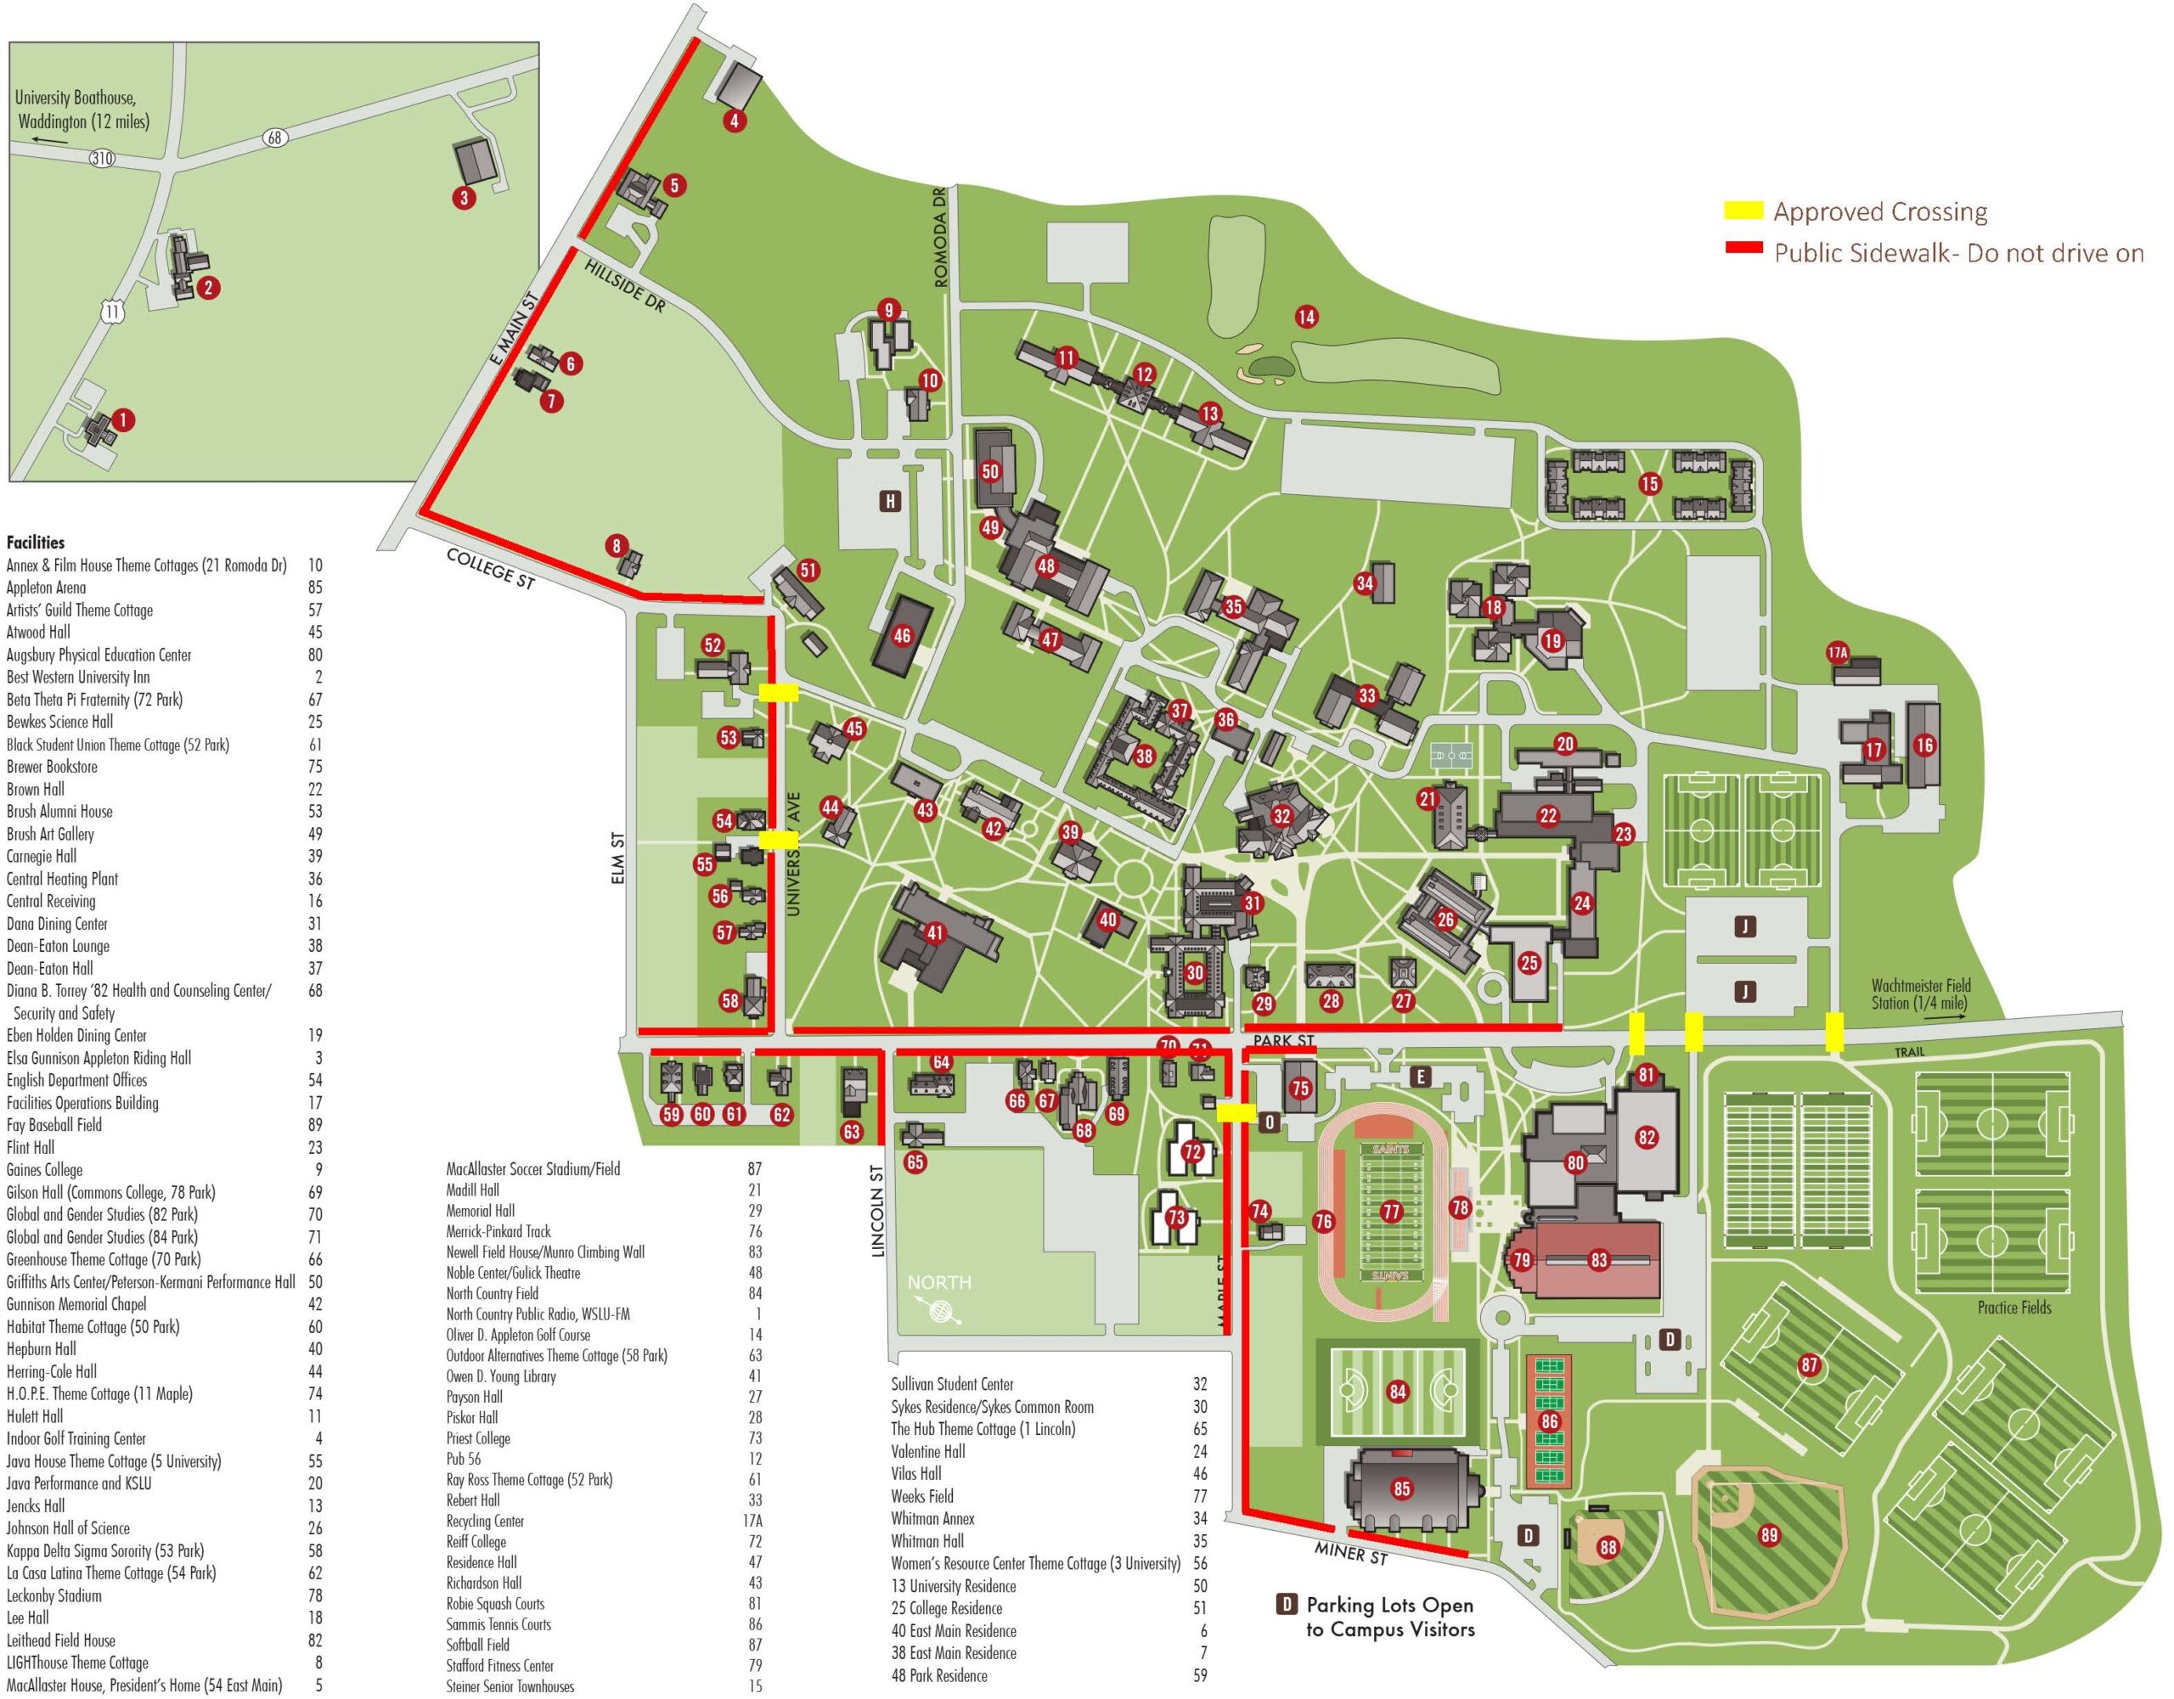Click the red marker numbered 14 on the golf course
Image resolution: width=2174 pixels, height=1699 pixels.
[1306, 318]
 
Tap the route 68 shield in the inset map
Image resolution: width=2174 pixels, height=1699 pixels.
[275, 138]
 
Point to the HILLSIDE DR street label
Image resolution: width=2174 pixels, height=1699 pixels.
[624, 287]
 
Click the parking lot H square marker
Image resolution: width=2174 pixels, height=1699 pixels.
[890, 501]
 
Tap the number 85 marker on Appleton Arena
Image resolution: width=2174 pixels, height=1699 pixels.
[1401, 1490]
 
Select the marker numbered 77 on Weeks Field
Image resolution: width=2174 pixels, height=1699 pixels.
[1391, 1212]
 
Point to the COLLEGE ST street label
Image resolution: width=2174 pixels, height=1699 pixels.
[491, 568]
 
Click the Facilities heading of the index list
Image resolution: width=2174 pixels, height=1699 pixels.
[35, 543]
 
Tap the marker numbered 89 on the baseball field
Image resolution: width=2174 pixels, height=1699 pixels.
[1769, 1536]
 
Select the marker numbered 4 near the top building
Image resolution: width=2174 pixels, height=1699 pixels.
[734, 121]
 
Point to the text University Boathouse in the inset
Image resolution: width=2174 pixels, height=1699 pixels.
[76, 98]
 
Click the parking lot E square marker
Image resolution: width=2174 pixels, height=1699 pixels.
[1421, 1077]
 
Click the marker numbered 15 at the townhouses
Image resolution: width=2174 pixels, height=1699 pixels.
[1650, 485]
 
